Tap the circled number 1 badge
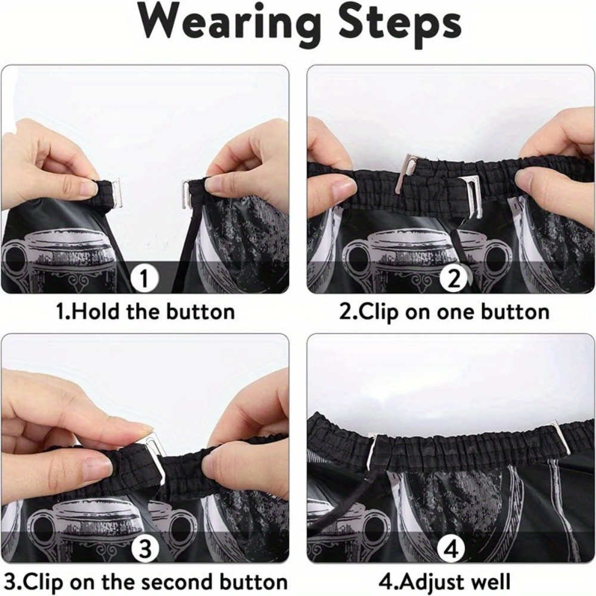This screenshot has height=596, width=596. (144, 279)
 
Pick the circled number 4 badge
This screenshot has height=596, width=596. (451, 549)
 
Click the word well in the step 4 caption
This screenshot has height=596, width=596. (489, 582)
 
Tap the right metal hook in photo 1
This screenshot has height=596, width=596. (186, 194)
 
